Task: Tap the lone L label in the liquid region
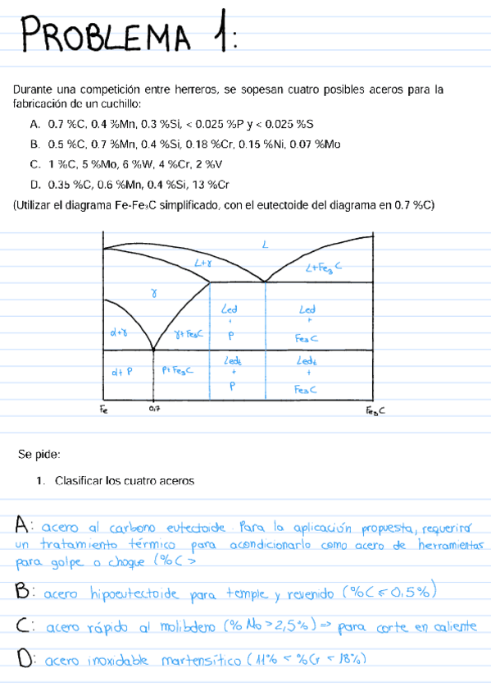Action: [265, 244]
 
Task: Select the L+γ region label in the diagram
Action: [203, 263]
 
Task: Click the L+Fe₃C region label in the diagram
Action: [323, 267]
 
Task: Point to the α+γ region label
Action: [120, 332]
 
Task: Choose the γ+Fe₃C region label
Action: [189, 334]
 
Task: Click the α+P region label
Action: [122, 372]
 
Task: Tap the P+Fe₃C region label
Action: [178, 371]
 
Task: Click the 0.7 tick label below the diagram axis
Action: [155, 408]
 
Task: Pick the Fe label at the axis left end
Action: [103, 407]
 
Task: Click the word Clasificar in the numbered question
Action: [80, 481]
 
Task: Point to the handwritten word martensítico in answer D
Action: [201, 659]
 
